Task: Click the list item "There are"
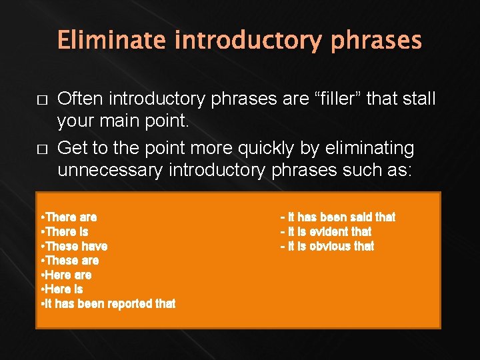(x=69, y=217)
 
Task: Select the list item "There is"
(x=65, y=231)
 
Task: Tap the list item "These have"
(x=74, y=246)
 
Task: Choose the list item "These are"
(x=70, y=260)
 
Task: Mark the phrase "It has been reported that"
(x=108, y=304)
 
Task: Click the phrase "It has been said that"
(x=337, y=217)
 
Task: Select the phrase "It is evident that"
(x=326, y=231)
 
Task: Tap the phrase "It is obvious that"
(x=327, y=246)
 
